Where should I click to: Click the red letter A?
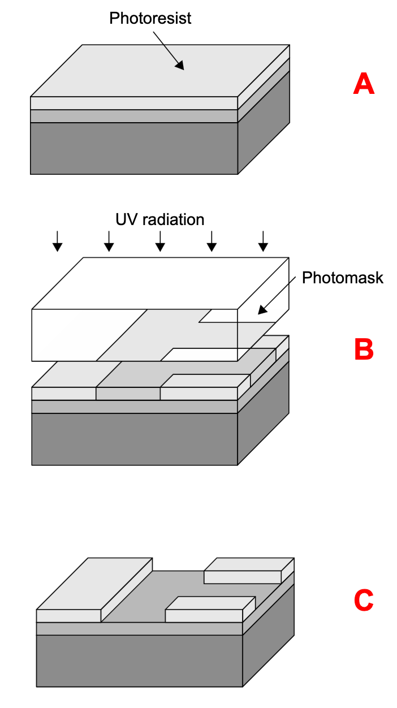(x=364, y=84)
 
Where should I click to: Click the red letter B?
(x=364, y=349)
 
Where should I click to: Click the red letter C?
(x=364, y=601)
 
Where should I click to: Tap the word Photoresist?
(x=150, y=18)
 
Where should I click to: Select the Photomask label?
(x=342, y=278)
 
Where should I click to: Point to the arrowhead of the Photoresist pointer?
(x=180, y=66)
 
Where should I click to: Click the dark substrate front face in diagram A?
(x=134, y=148)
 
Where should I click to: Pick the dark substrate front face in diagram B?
(x=134, y=439)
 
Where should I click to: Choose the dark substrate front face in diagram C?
(x=139, y=660)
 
